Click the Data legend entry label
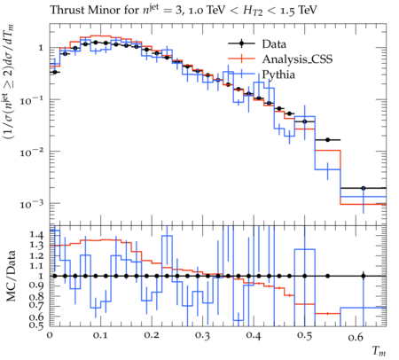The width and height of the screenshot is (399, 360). click(274, 44)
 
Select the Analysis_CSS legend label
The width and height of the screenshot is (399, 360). click(297, 59)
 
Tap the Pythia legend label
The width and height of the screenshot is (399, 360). click(278, 74)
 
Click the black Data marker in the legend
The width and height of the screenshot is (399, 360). click(241, 43)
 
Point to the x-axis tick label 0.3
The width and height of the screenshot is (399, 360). click(203, 336)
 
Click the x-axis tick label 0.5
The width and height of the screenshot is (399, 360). click(305, 336)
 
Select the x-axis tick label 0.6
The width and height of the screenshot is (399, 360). click(356, 336)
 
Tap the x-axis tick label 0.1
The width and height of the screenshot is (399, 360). click(101, 336)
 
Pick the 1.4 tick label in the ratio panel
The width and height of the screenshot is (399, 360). click(36, 235)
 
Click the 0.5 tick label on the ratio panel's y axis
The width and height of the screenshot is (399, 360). click(36, 325)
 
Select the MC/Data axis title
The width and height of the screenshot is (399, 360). click(11, 276)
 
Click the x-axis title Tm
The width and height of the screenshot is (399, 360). click(379, 351)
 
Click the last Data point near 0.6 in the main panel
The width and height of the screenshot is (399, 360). click(364, 188)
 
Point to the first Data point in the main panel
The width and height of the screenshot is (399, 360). click(55, 72)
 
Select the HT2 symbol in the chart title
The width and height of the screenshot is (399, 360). click(253, 11)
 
